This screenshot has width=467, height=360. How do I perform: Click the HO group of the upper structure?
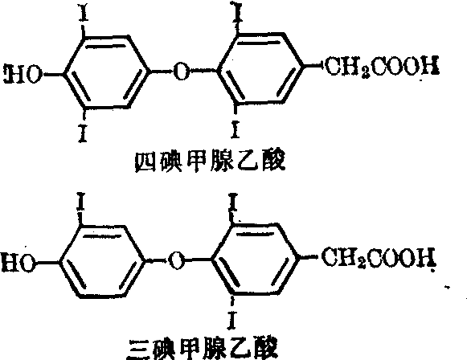point(23,74)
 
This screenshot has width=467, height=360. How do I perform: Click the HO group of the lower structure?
point(18,264)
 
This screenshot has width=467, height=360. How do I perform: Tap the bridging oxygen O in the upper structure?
point(182,72)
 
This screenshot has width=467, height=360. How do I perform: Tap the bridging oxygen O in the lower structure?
point(176,260)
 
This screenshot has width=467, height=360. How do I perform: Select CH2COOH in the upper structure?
point(382,66)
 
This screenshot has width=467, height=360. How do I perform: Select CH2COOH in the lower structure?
point(379,257)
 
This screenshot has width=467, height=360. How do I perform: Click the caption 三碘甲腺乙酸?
point(203,349)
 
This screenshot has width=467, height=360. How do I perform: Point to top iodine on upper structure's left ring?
point(84,13)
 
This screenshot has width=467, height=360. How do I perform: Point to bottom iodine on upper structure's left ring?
point(83,133)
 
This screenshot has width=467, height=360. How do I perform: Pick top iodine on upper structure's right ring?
point(238,11)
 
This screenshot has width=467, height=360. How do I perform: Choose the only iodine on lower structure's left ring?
point(80,202)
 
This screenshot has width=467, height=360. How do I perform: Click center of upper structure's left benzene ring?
point(106,72)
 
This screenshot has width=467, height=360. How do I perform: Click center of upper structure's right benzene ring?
point(260,68)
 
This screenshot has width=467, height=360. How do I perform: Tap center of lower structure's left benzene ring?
point(102,261)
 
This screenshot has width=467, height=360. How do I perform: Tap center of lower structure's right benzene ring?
point(256,259)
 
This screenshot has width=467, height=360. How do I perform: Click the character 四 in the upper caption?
point(145,162)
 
